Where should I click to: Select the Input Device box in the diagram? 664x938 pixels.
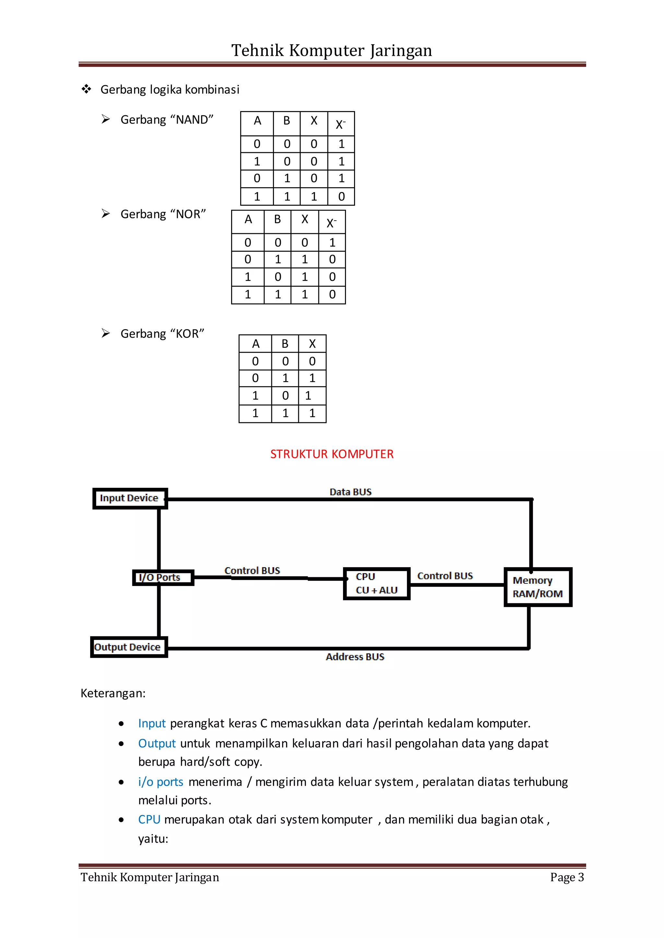(130, 498)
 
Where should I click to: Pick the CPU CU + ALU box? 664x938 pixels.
(376, 583)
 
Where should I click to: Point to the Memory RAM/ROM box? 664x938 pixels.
(537, 587)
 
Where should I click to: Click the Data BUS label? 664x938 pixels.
(350, 492)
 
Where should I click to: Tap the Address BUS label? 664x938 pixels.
(355, 657)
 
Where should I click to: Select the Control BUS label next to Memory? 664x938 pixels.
(445, 576)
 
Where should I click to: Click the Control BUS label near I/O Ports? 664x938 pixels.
(252, 571)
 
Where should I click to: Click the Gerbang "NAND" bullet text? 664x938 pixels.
(167, 120)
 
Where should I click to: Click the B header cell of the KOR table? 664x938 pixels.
(285, 344)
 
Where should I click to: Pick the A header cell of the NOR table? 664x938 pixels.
(248, 220)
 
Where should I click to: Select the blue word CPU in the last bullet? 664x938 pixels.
(149, 819)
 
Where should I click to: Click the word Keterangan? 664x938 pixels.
(113, 693)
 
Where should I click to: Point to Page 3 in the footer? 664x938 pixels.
(567, 877)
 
